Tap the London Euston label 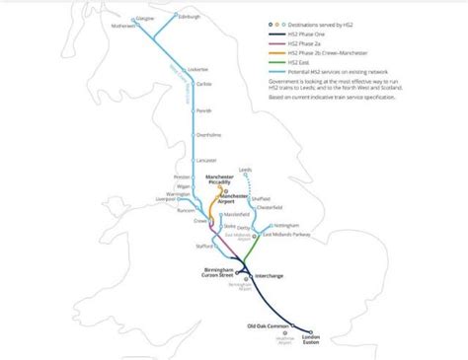coord(309,338)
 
